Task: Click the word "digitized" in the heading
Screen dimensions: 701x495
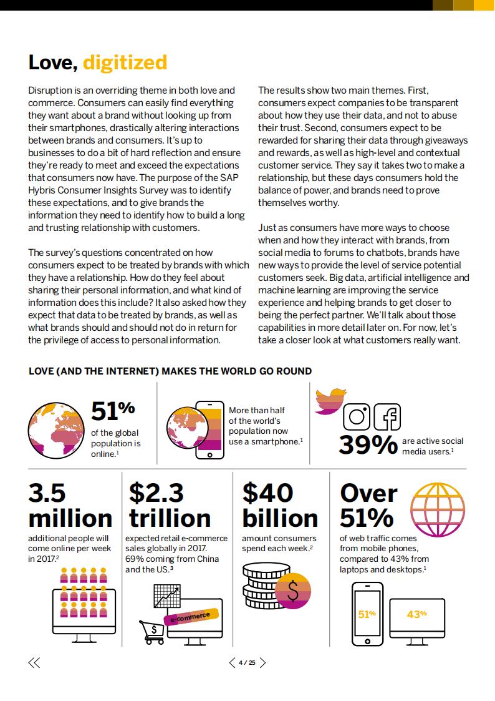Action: (x=125, y=62)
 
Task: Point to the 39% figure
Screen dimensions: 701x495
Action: (x=368, y=444)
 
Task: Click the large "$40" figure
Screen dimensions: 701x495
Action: (x=267, y=493)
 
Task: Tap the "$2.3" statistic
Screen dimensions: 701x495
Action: (x=156, y=493)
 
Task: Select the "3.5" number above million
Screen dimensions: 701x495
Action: (x=47, y=493)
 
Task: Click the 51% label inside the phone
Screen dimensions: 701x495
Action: (x=367, y=614)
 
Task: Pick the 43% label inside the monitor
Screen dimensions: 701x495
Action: (x=416, y=614)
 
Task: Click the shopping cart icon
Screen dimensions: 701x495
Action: (x=151, y=631)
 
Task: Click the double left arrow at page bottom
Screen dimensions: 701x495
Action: (x=34, y=663)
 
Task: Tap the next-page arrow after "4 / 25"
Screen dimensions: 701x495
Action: (x=262, y=663)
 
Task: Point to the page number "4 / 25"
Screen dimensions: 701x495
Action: (x=247, y=663)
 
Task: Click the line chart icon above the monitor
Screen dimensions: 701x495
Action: (x=167, y=596)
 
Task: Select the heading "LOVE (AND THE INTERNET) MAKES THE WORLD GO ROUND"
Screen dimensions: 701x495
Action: (x=170, y=371)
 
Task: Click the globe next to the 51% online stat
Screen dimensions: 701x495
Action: (x=55, y=426)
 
